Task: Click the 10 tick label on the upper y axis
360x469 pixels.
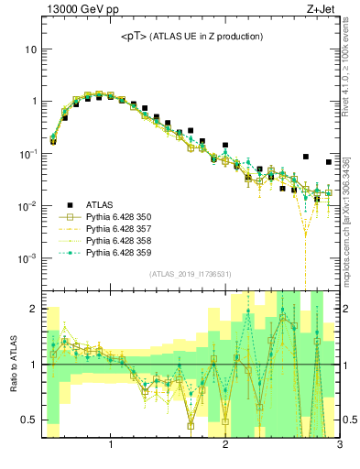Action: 30,49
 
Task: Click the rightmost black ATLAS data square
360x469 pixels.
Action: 329,162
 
